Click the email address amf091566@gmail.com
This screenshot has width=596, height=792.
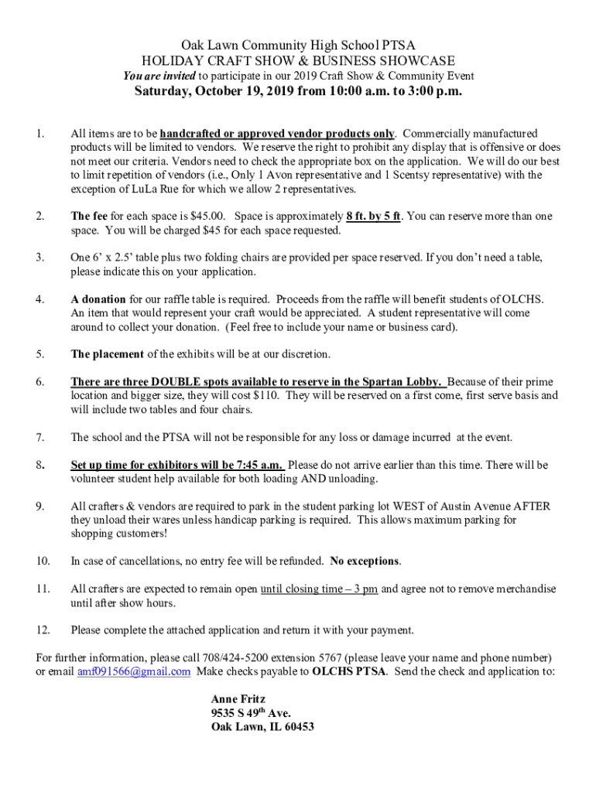coord(133,671)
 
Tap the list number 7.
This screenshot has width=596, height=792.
coord(39,438)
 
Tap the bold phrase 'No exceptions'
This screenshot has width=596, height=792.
coord(365,561)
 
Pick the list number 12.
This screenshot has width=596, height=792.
coord(43,629)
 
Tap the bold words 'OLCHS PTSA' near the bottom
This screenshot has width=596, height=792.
coord(348,671)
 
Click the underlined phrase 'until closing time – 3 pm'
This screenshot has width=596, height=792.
coord(319,589)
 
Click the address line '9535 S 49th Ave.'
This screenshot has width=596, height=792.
coord(251,713)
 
